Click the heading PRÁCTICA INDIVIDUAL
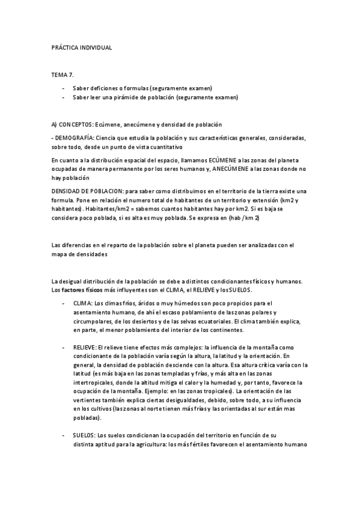tap(82, 47)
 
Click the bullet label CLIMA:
tap(83, 303)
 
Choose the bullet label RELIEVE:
tap(85, 348)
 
